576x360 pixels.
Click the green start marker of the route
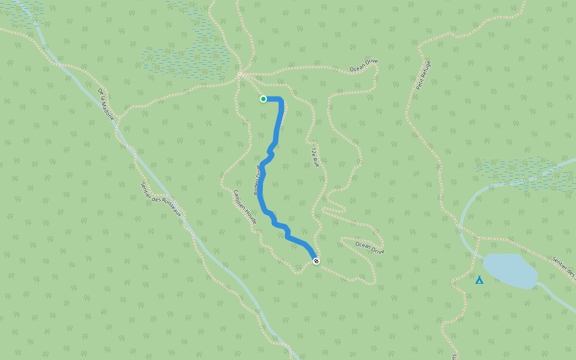tap(263, 99)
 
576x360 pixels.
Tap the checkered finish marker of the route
tap(316, 260)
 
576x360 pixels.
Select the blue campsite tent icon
tap(479, 280)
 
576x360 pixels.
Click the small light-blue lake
tap(510, 271)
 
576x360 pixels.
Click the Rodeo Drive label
tap(257, 180)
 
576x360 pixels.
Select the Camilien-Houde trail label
tap(245, 207)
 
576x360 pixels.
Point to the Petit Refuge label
tap(424, 75)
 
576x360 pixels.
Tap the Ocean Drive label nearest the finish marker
tap(370, 248)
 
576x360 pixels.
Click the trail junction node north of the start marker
tap(239, 74)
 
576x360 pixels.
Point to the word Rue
tap(315, 161)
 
